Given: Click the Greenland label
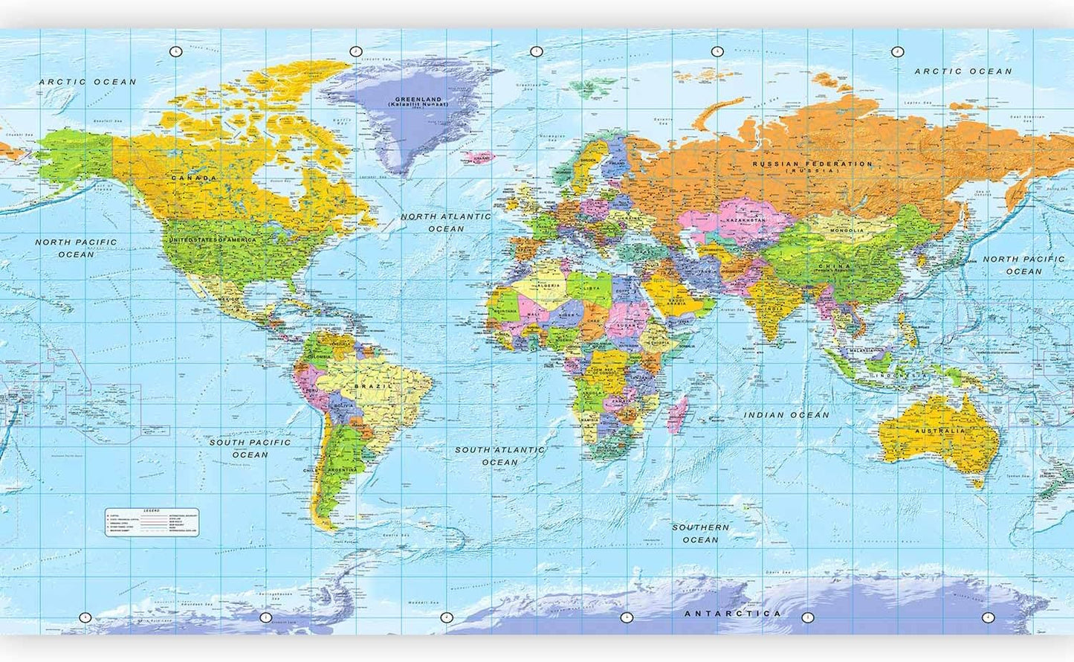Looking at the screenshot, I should [418, 99].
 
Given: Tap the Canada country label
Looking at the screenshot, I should [194, 179].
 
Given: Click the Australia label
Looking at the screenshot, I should [940, 431].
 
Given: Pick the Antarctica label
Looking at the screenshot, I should [732, 614].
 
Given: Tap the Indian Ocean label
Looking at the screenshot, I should [786, 415].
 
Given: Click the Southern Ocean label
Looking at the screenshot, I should [700, 533].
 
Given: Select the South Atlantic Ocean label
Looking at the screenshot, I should [499, 455].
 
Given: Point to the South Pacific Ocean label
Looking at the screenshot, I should [250, 449].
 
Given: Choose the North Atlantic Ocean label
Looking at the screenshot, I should [446, 222].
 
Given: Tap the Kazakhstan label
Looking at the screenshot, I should [745, 221].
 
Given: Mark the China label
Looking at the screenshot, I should [834, 266].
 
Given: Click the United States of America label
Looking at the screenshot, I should [212, 240].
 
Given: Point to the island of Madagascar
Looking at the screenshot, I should [677, 415].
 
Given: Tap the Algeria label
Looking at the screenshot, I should [546, 286].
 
